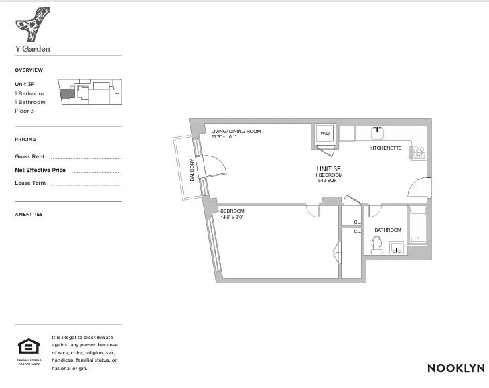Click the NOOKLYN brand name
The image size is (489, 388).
coord(453,368)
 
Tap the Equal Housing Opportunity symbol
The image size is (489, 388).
coord(28,347)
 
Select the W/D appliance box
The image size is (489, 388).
coord(325,134)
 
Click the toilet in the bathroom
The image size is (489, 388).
coord(377,248)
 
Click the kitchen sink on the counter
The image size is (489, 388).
coord(377,131)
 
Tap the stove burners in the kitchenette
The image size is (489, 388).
coord(419,152)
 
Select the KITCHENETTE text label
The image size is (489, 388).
coord(385,148)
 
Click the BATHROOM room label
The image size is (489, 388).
coord(387,230)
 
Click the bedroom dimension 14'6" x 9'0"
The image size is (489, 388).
coord(232,217)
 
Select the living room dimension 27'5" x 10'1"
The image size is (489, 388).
coord(226,137)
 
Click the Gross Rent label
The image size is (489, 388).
coord(29,156)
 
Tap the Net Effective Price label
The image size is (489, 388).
coord(40,170)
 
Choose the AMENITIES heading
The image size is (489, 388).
coord(29,215)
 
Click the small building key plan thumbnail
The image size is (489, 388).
coord(90,91)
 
